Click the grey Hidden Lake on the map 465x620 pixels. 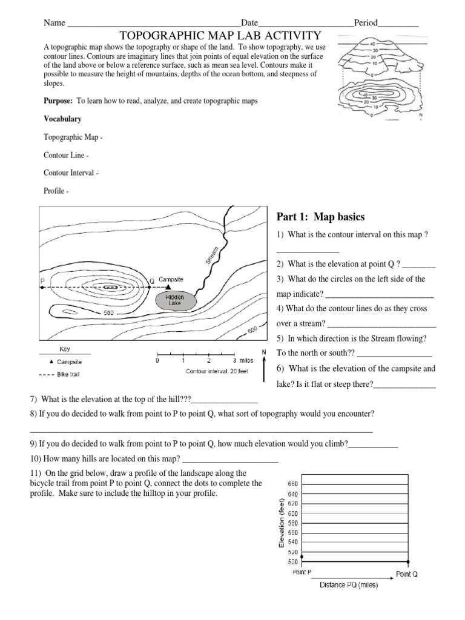point(175,300)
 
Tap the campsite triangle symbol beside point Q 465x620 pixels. point(168,287)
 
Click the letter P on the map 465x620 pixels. point(42,281)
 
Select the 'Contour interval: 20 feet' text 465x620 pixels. point(217,372)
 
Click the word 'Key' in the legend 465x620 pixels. point(65,349)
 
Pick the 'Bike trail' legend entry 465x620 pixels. point(68,374)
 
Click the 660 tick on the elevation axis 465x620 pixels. point(293,484)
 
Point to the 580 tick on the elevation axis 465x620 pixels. point(293,523)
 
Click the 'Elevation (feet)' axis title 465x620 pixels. point(281,522)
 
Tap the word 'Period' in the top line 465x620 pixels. point(366,23)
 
